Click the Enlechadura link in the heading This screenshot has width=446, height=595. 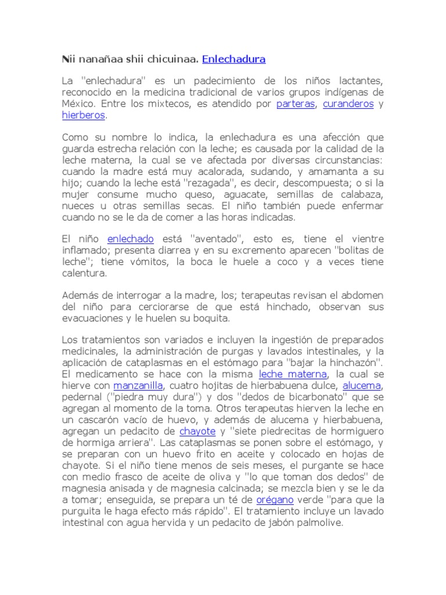point(233,59)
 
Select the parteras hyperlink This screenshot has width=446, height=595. point(296,105)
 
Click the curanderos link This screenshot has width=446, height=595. point(348,105)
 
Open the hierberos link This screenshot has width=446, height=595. point(84,116)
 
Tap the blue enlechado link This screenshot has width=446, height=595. point(130,239)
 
